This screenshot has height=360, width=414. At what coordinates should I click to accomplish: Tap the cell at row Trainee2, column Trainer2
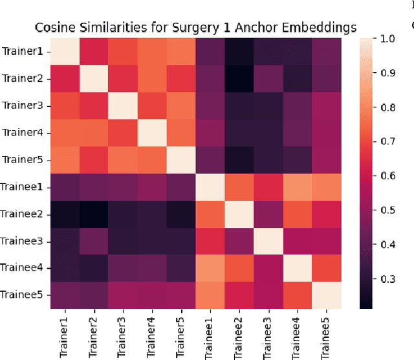[x=93, y=214]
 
